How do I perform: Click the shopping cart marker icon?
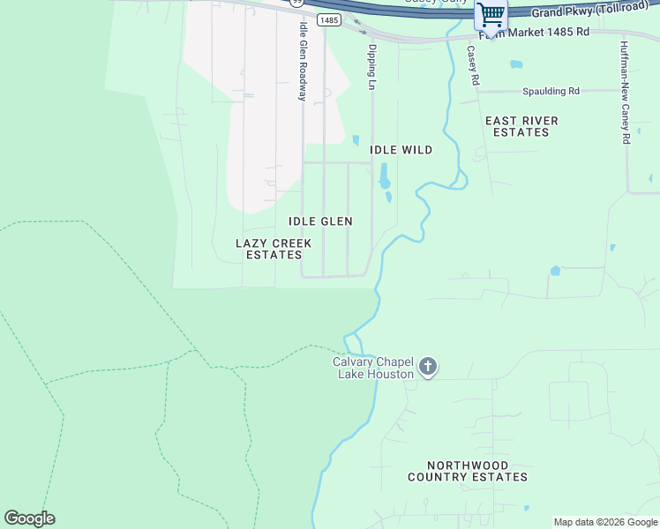coord(491,14)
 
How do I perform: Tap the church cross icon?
coord(428,367)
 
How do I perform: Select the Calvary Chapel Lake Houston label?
coord(373,368)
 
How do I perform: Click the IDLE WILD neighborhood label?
coord(401,150)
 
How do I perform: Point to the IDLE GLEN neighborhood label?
coord(320,221)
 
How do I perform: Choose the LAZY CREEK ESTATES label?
coord(274,249)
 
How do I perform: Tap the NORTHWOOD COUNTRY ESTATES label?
coord(468,471)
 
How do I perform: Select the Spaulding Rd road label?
coord(551,91)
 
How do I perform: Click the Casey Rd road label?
coord(474,65)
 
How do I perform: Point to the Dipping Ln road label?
coord(372,68)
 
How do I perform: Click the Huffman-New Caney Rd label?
coord(625,92)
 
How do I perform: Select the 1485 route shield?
coord(328,19)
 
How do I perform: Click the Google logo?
coord(29,518)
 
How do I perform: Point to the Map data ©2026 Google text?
coord(605,522)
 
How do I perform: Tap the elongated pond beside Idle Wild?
coord(385,178)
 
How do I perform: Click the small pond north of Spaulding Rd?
coord(516,64)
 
